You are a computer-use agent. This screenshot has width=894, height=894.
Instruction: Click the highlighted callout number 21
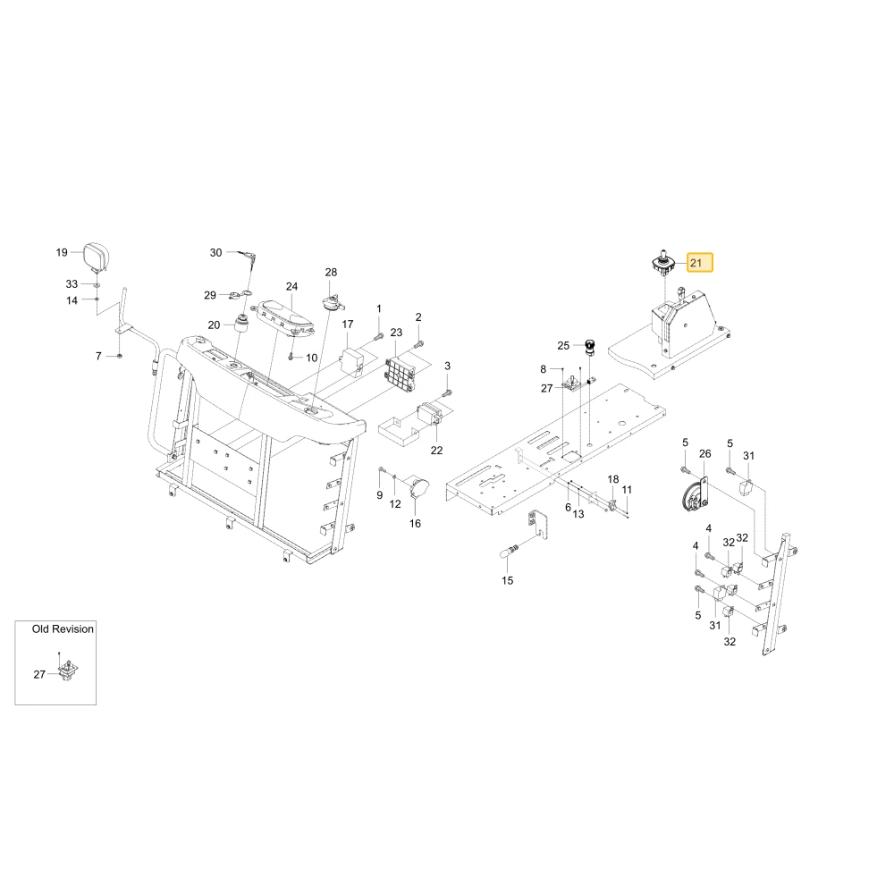tap(696, 263)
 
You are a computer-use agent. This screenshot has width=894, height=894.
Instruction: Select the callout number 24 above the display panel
tap(292, 286)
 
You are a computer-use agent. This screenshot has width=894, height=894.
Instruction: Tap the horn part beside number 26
tap(695, 495)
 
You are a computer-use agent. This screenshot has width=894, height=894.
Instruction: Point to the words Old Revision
tap(63, 628)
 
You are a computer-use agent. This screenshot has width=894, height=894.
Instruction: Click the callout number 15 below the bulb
tap(508, 580)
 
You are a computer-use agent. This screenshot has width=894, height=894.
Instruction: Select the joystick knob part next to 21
tap(663, 264)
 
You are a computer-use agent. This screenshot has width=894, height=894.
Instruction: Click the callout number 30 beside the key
tap(215, 253)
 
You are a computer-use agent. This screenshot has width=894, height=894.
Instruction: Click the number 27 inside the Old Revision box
tap(39, 674)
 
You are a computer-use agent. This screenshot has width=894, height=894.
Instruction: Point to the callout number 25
tap(563, 345)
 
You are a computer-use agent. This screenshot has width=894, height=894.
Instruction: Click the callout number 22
tap(437, 451)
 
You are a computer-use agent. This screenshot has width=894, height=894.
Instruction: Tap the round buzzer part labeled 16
tap(420, 490)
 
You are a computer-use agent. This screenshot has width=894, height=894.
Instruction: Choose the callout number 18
tap(613, 479)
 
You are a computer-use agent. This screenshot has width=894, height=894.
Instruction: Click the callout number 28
tap(332, 272)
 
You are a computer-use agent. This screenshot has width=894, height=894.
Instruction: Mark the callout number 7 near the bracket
tap(98, 356)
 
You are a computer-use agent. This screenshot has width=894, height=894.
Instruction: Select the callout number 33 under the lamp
tap(72, 283)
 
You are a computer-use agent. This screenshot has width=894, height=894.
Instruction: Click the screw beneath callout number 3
tap(447, 392)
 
